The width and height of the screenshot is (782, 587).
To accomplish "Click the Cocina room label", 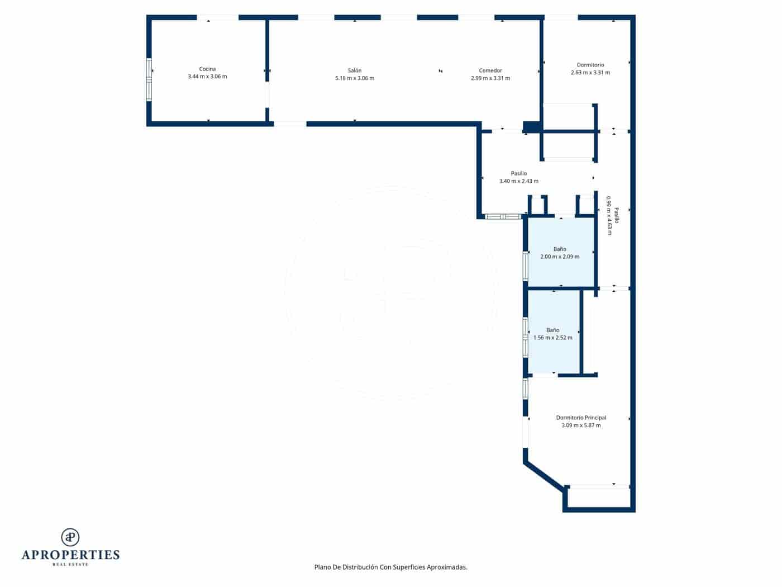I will pyautogui.click(x=207, y=69).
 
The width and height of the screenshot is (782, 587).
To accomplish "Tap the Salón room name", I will pyautogui.click(x=355, y=70).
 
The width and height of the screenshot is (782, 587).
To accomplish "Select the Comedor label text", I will pyautogui.click(x=490, y=70).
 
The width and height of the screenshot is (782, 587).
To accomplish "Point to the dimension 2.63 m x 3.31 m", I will pyautogui.click(x=590, y=73).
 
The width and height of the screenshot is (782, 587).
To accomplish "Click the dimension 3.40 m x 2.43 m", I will pyautogui.click(x=519, y=181).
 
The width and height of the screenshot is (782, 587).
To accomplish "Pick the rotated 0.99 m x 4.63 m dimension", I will pyautogui.click(x=609, y=215).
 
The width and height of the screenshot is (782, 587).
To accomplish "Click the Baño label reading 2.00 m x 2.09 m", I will pyautogui.click(x=560, y=257).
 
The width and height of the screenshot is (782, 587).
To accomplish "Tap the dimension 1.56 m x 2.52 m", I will pyautogui.click(x=553, y=338).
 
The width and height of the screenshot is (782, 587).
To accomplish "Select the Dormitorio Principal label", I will pyautogui.click(x=581, y=418).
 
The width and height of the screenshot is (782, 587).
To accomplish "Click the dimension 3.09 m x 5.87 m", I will pyautogui.click(x=581, y=425).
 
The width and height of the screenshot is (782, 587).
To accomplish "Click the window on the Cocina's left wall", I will pyautogui.click(x=149, y=79).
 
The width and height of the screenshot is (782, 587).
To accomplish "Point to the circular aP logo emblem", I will pyautogui.click(x=70, y=537).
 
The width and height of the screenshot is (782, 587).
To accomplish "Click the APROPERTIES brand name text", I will pyautogui.click(x=70, y=555).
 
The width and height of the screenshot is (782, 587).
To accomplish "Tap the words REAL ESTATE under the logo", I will pyautogui.click(x=70, y=565).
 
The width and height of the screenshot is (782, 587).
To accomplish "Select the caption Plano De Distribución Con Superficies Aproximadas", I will pyautogui.click(x=391, y=567).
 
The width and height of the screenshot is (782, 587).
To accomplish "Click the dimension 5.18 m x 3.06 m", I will pyautogui.click(x=355, y=78).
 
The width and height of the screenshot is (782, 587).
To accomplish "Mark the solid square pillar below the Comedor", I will pyautogui.click(x=531, y=127).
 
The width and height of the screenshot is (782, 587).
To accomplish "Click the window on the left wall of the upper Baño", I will pyautogui.click(x=525, y=266).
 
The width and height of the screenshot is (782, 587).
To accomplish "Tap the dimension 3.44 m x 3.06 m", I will pyautogui.click(x=207, y=77).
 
